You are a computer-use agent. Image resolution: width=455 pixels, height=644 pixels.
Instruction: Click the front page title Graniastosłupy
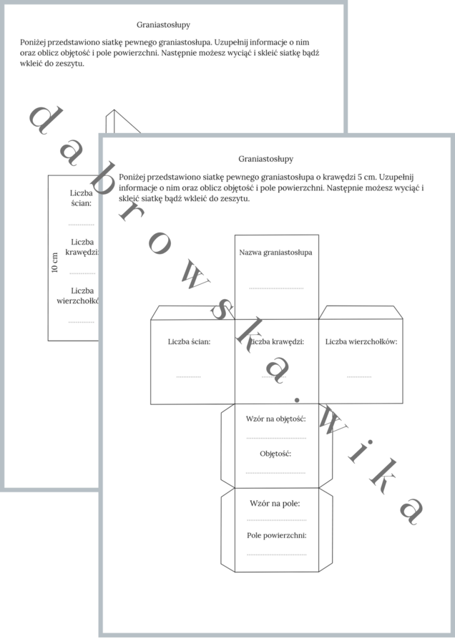[265, 159]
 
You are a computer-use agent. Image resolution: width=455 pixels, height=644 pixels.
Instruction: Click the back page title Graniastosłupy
[163, 25]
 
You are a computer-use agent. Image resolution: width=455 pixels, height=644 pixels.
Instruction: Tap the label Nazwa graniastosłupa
[275, 253]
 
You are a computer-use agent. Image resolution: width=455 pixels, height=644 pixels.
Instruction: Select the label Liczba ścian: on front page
[189, 342]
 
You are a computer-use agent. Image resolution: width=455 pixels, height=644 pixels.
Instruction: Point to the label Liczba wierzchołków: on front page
[361, 342]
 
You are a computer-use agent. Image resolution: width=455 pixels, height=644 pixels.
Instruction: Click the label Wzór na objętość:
[276, 419]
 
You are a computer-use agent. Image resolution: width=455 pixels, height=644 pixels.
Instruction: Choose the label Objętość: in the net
[275, 454]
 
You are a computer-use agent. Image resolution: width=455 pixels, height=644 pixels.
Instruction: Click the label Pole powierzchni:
[276, 535]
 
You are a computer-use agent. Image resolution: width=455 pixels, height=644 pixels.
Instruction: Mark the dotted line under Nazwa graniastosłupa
[275, 288]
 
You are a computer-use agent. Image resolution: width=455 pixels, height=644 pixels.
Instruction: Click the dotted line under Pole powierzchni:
[276, 555]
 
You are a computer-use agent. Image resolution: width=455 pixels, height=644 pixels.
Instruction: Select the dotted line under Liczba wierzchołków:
[359, 376]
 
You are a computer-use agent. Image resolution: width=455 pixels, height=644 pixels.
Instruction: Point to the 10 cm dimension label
[55, 262]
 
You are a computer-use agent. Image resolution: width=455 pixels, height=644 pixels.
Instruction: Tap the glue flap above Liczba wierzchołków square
[361, 313]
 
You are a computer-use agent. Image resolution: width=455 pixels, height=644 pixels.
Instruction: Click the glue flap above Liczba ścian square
[192, 313]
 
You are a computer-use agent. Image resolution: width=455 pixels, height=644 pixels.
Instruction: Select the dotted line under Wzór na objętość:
[276, 437]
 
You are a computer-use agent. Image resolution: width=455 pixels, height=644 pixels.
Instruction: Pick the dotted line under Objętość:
[276, 472]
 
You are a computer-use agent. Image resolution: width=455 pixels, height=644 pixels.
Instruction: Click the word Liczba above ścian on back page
[82, 192]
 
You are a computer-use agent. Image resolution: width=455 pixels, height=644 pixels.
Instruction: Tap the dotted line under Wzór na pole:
[276, 519]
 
